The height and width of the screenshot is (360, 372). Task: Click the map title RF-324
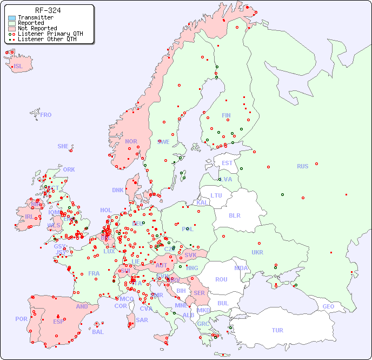click(x=48, y=10)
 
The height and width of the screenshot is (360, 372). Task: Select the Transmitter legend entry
click(x=35, y=17)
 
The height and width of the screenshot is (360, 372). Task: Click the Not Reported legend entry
click(x=37, y=28)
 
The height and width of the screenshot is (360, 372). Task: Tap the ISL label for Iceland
click(x=18, y=67)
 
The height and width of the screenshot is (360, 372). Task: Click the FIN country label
click(x=226, y=115)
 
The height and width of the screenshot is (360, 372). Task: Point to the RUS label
click(x=302, y=166)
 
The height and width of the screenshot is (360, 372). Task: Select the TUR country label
click(x=277, y=330)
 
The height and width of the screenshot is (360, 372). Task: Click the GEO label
click(x=328, y=306)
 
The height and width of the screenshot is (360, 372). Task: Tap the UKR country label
click(x=257, y=252)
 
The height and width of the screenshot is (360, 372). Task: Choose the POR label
click(x=21, y=319)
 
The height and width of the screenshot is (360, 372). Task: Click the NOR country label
click(x=131, y=141)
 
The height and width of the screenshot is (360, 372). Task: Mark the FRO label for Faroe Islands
click(x=45, y=115)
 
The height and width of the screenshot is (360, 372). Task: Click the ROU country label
click(x=221, y=279)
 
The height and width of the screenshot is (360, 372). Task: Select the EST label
click(x=227, y=163)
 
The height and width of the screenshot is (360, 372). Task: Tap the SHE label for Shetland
click(x=63, y=146)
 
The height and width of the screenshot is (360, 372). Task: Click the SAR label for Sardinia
click(x=142, y=320)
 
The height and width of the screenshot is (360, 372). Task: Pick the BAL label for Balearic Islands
click(x=97, y=332)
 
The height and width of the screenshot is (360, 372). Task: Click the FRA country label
click(x=94, y=273)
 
